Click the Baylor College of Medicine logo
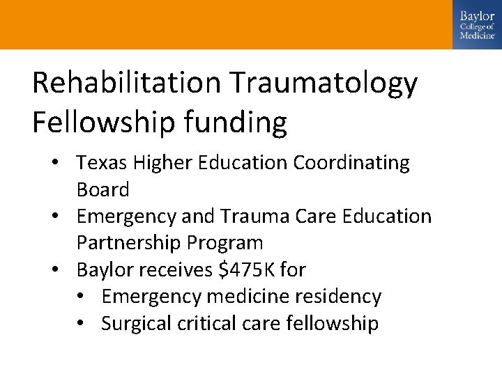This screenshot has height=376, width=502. pos(477,24)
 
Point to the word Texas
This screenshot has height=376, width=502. pos(99,163)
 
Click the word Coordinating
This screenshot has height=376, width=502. pos(351,164)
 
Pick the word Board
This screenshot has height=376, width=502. pos(102,189)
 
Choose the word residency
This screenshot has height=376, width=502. pos(340,297)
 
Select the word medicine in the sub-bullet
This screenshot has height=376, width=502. pos(243,297)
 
